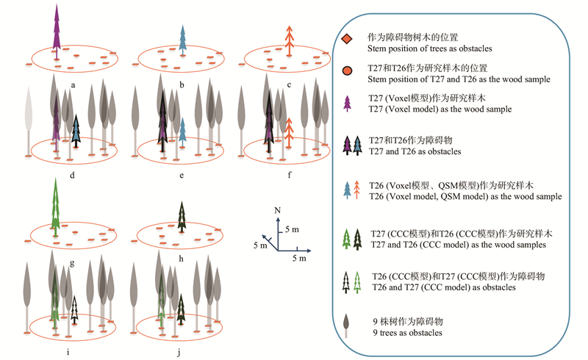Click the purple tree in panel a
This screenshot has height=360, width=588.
[56, 29]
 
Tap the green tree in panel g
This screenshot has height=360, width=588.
[56, 202]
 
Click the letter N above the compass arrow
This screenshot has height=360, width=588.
[276, 211]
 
